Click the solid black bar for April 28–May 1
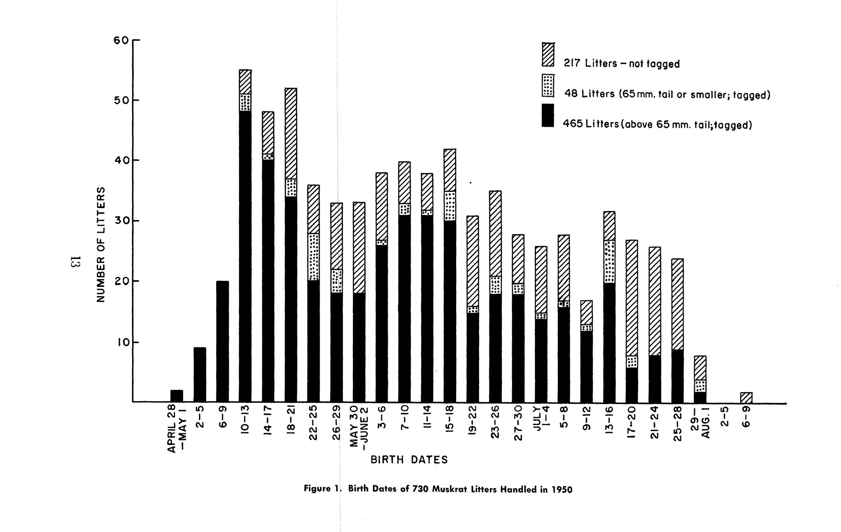coord(177,396)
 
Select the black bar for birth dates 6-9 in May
coord(222,342)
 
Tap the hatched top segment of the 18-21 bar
coord(291,133)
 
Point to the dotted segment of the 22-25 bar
coord(313,257)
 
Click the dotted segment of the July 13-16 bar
coord(609,262)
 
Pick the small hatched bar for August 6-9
coord(746,397)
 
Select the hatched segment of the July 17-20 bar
coord(632,298)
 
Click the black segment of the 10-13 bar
coord(245,256)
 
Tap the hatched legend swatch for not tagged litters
coord(548,54)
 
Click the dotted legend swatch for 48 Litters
coord(548,86)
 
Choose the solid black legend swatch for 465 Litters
coord(548,115)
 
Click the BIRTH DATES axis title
coord(409,460)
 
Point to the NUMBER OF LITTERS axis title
coord(101,245)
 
